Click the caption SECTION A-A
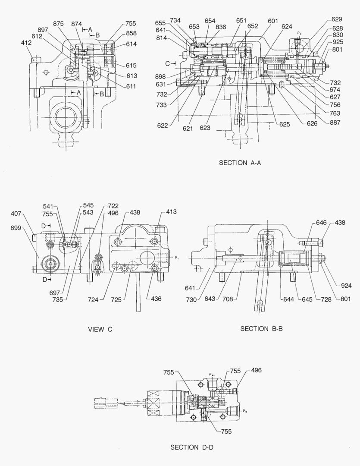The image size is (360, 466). pyautogui.click(x=240, y=163)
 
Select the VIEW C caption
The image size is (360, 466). pyautogui.click(x=100, y=329)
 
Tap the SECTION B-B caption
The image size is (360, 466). pyautogui.click(x=261, y=329)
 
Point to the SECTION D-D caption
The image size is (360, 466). pyautogui.click(x=192, y=447)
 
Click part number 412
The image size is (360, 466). pyautogui.click(x=27, y=43)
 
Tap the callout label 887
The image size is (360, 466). pyautogui.click(x=335, y=123)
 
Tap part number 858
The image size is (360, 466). pyautogui.click(x=131, y=33)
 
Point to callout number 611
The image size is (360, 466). pyautogui.click(x=131, y=86)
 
